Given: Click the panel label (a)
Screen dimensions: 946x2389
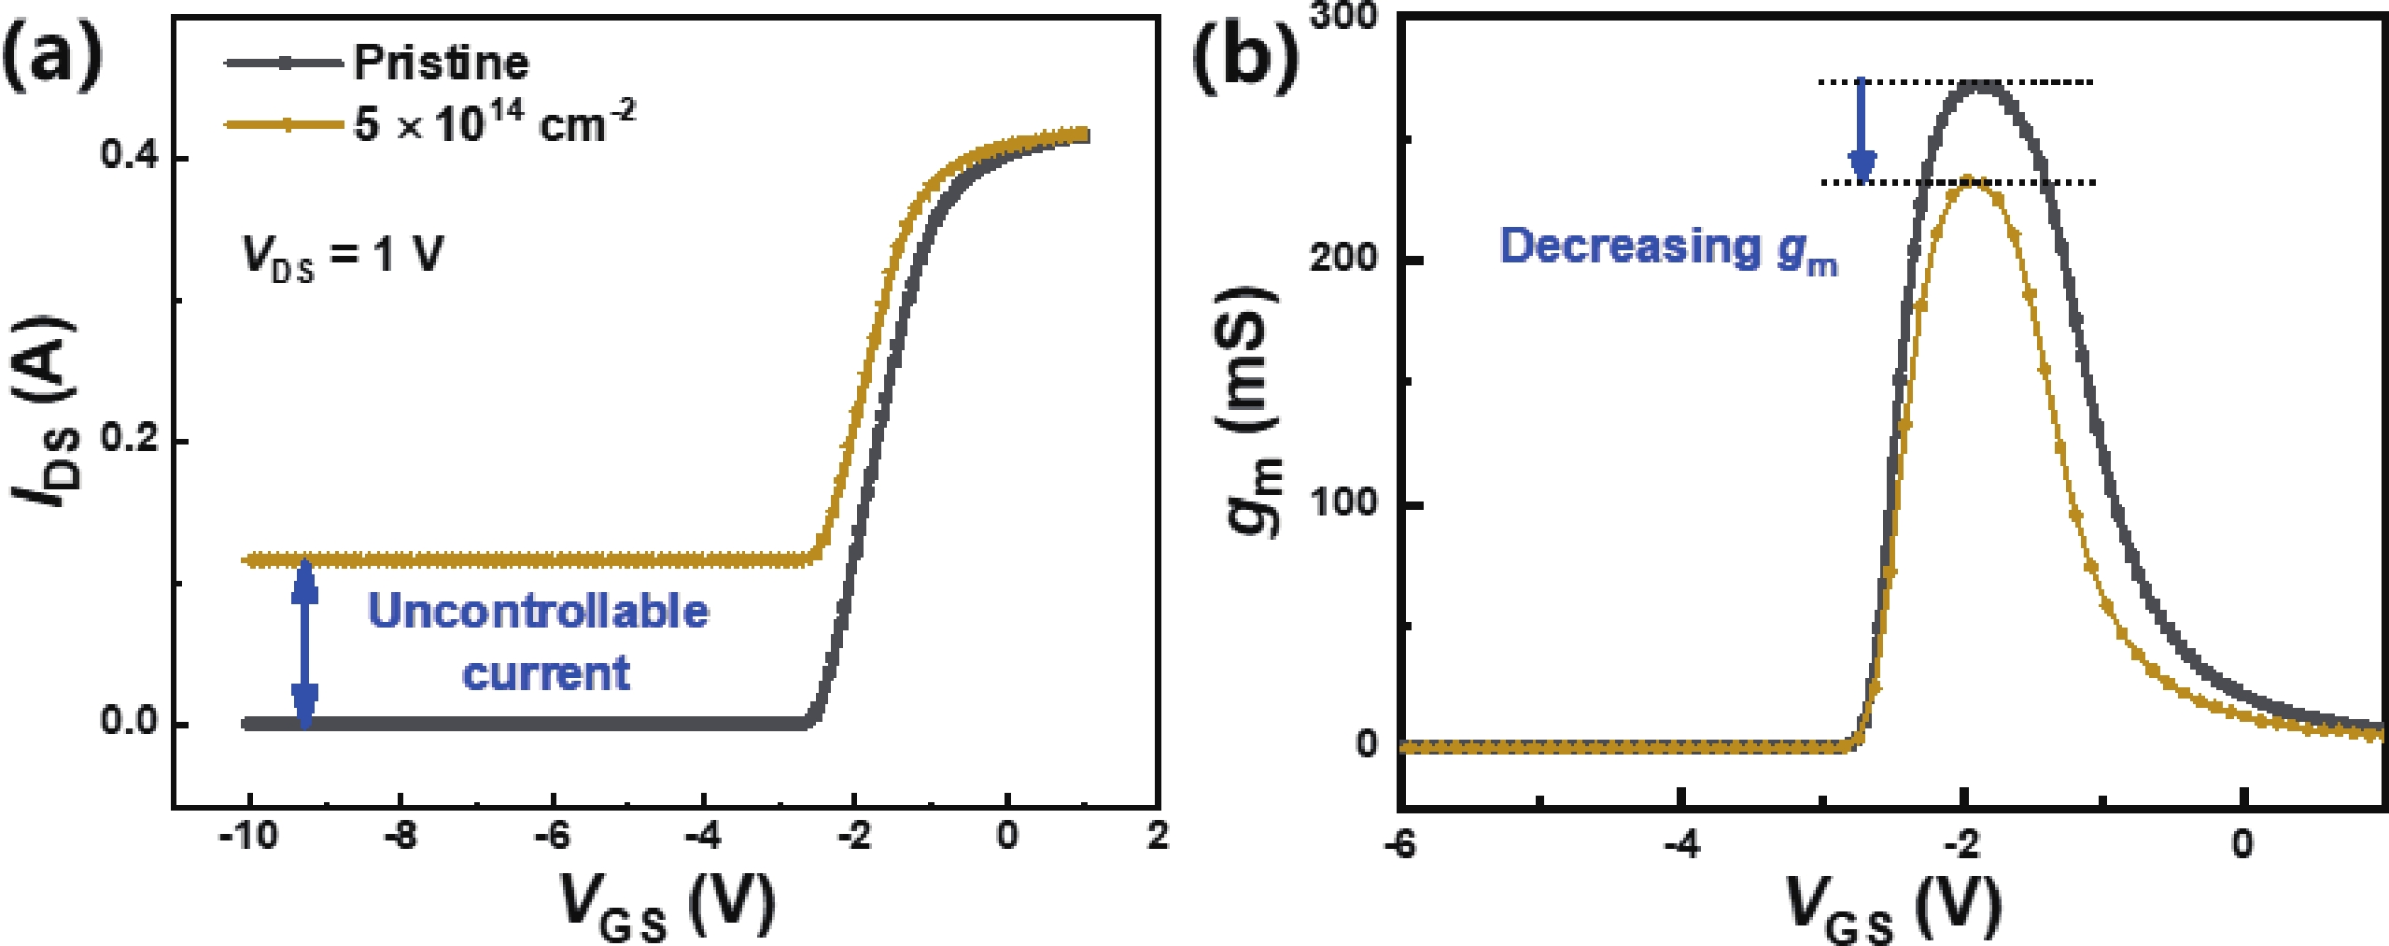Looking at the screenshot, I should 52,56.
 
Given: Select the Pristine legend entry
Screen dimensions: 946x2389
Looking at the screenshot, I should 441,64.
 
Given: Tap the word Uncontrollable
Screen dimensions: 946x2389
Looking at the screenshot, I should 539,612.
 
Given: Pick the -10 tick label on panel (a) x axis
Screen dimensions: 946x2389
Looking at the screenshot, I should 247,836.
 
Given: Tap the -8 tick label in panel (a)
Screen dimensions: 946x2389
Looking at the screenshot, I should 401,836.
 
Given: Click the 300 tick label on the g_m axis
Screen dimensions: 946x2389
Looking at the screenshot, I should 1343,17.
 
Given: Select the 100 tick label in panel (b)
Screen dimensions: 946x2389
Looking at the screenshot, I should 1343,502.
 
